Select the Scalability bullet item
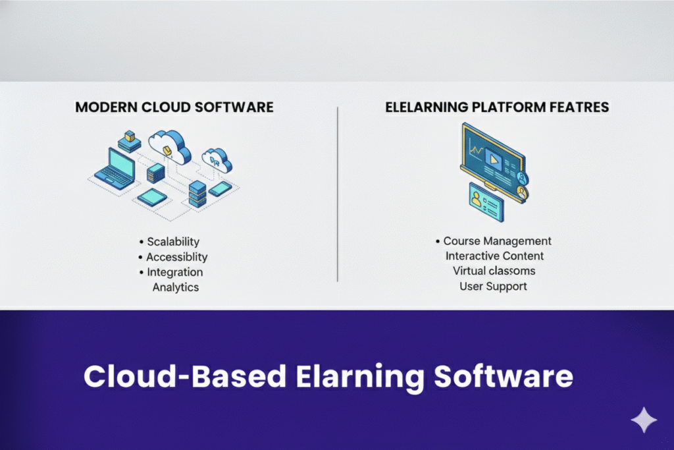pos(172,242)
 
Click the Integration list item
pos(174,272)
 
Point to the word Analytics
pos(175,287)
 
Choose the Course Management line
pos(497,241)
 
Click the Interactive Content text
pos(494,256)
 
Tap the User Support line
pos(494,287)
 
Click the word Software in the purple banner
pos(503,378)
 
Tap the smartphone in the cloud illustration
pos(220,189)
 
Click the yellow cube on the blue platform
pos(130,136)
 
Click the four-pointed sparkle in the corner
pos(643,420)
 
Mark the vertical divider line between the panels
pos(338,194)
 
